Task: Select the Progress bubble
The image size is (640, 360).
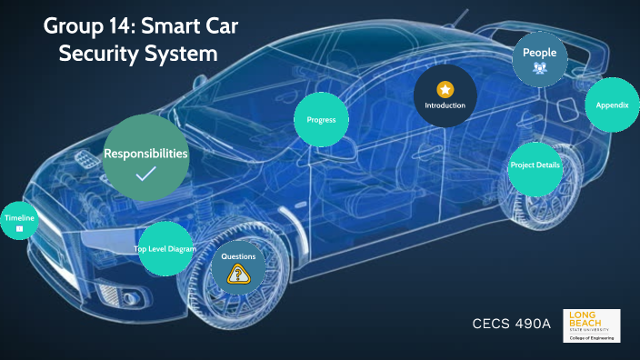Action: (x=322, y=119)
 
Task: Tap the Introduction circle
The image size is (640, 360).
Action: (x=445, y=96)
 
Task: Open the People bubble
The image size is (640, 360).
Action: (x=540, y=59)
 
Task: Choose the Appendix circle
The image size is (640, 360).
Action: (x=612, y=105)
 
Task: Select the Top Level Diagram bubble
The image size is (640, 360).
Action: (x=165, y=248)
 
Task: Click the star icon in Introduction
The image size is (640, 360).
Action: (x=445, y=89)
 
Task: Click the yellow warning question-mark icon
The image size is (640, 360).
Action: (x=239, y=275)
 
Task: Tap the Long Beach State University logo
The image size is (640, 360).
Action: (x=592, y=325)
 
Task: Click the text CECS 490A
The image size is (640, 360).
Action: (x=512, y=325)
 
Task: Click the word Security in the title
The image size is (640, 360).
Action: (x=101, y=54)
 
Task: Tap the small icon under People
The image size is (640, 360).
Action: (x=540, y=68)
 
